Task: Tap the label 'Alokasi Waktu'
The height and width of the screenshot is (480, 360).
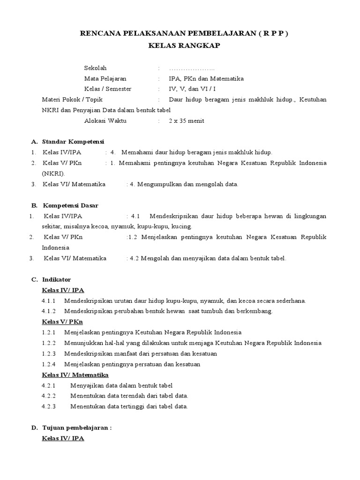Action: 105,120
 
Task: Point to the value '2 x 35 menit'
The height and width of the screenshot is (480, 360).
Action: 187,120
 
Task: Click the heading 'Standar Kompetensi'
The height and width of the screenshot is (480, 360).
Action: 73,142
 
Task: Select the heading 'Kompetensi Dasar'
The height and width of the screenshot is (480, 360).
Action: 71,205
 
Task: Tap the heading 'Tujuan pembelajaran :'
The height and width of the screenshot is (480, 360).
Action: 77,428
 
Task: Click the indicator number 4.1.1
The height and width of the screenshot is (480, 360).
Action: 49,300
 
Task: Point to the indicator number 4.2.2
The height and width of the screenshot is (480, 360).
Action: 49,396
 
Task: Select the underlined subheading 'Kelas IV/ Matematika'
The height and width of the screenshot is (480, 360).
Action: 75,375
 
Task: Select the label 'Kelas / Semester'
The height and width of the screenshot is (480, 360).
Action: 108,89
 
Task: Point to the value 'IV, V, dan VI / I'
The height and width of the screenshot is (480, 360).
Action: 193,89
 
